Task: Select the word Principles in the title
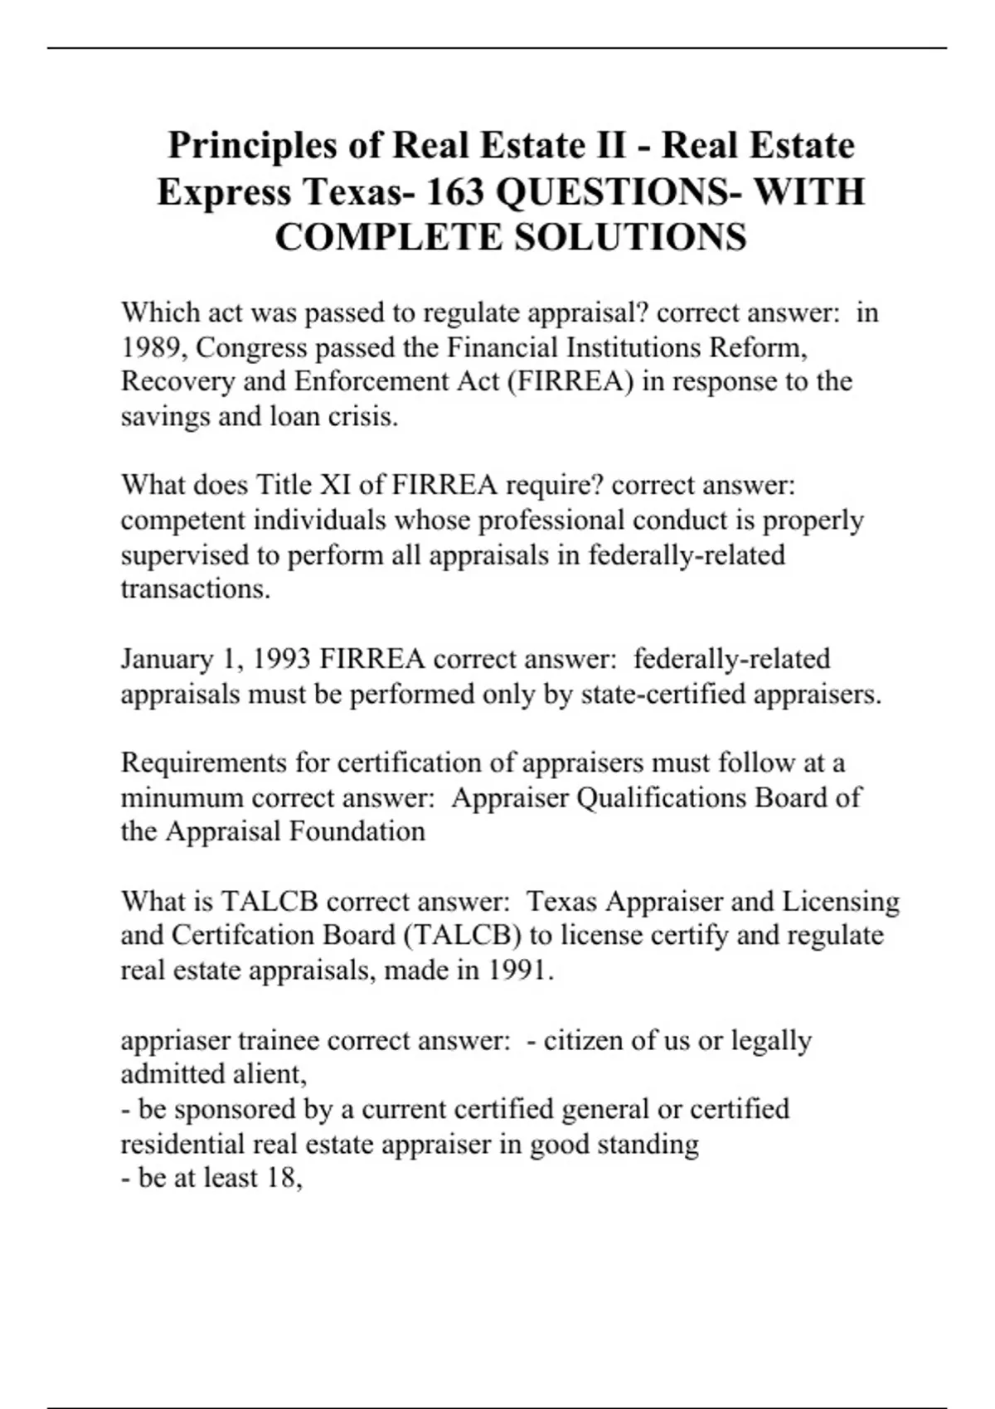[x=252, y=146]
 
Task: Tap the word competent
[x=183, y=521]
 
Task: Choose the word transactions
[x=195, y=589]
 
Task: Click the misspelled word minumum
[x=182, y=797]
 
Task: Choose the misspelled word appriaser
[x=175, y=1040]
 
